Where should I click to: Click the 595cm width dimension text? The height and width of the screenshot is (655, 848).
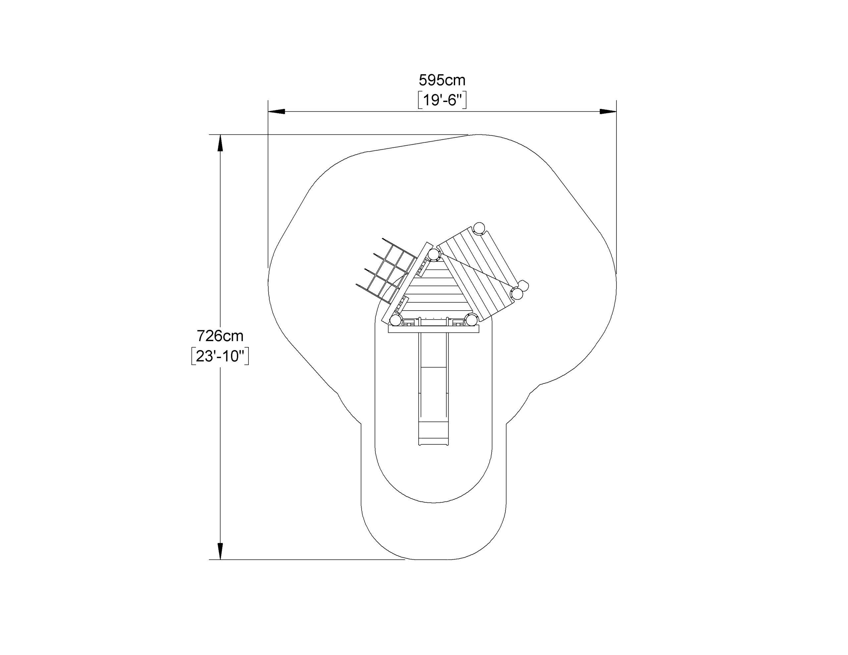(x=442, y=80)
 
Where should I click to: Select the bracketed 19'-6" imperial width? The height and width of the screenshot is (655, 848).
(x=442, y=101)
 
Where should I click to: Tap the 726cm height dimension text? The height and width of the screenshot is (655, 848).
(x=220, y=335)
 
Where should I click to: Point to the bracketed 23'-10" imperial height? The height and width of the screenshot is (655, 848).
(x=220, y=356)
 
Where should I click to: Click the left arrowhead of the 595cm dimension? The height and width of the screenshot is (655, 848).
(x=277, y=112)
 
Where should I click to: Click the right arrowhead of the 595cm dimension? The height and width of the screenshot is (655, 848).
(x=608, y=112)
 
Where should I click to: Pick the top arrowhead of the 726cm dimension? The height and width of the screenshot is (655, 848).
(x=220, y=143)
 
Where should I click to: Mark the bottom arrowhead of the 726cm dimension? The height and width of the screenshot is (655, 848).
(x=220, y=551)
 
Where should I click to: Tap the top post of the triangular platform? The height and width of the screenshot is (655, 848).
(x=434, y=255)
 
